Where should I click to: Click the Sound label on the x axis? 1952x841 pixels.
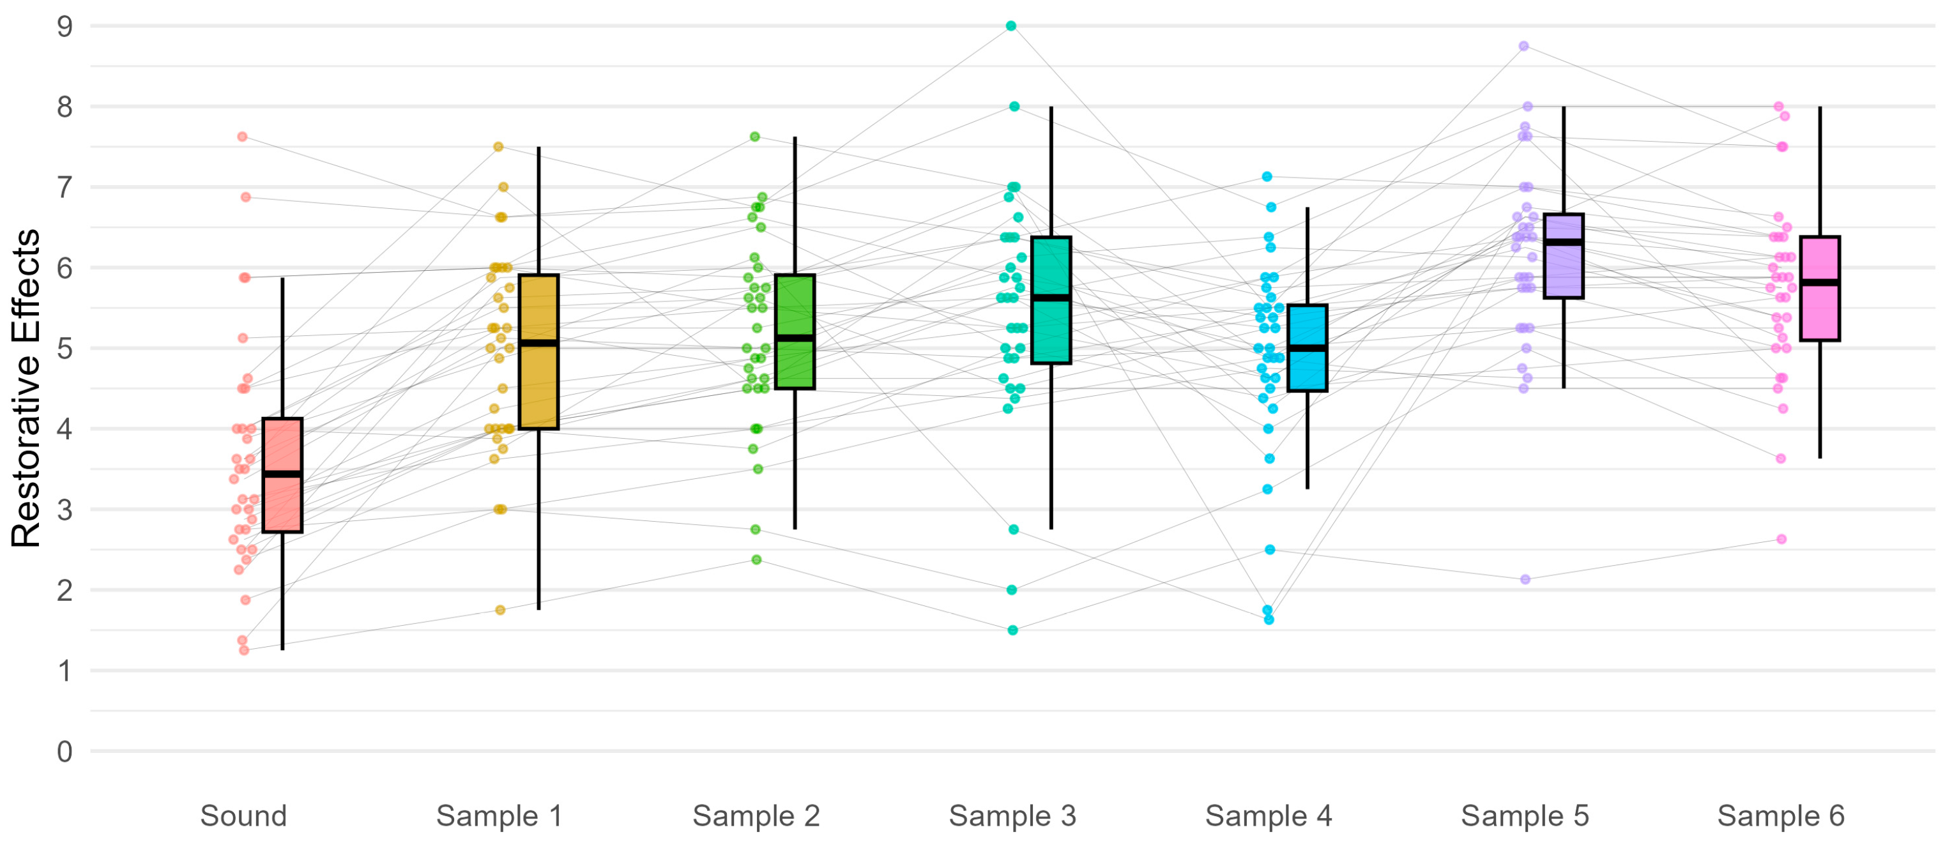(x=243, y=816)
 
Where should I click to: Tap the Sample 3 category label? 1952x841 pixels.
(x=1012, y=816)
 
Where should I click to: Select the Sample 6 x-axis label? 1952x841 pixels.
(x=1781, y=816)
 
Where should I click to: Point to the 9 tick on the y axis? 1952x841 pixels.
(x=65, y=27)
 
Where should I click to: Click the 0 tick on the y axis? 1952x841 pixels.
(x=65, y=752)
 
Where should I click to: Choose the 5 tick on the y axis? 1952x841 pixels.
(x=65, y=349)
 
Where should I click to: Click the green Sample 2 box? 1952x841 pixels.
(x=795, y=364)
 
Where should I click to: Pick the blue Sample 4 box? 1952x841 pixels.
(x=1307, y=371)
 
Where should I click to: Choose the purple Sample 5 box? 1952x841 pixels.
(x=1563, y=273)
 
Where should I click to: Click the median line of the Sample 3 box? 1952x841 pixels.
(x=1051, y=298)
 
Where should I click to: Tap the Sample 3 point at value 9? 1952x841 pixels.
(x=1011, y=26)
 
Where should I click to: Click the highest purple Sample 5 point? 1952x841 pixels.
(x=1524, y=46)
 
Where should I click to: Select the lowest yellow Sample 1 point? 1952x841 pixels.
(x=500, y=610)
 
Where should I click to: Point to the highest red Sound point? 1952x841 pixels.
(x=243, y=137)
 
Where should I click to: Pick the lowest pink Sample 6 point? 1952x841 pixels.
(x=1781, y=539)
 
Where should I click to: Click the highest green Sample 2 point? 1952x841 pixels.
(x=755, y=137)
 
